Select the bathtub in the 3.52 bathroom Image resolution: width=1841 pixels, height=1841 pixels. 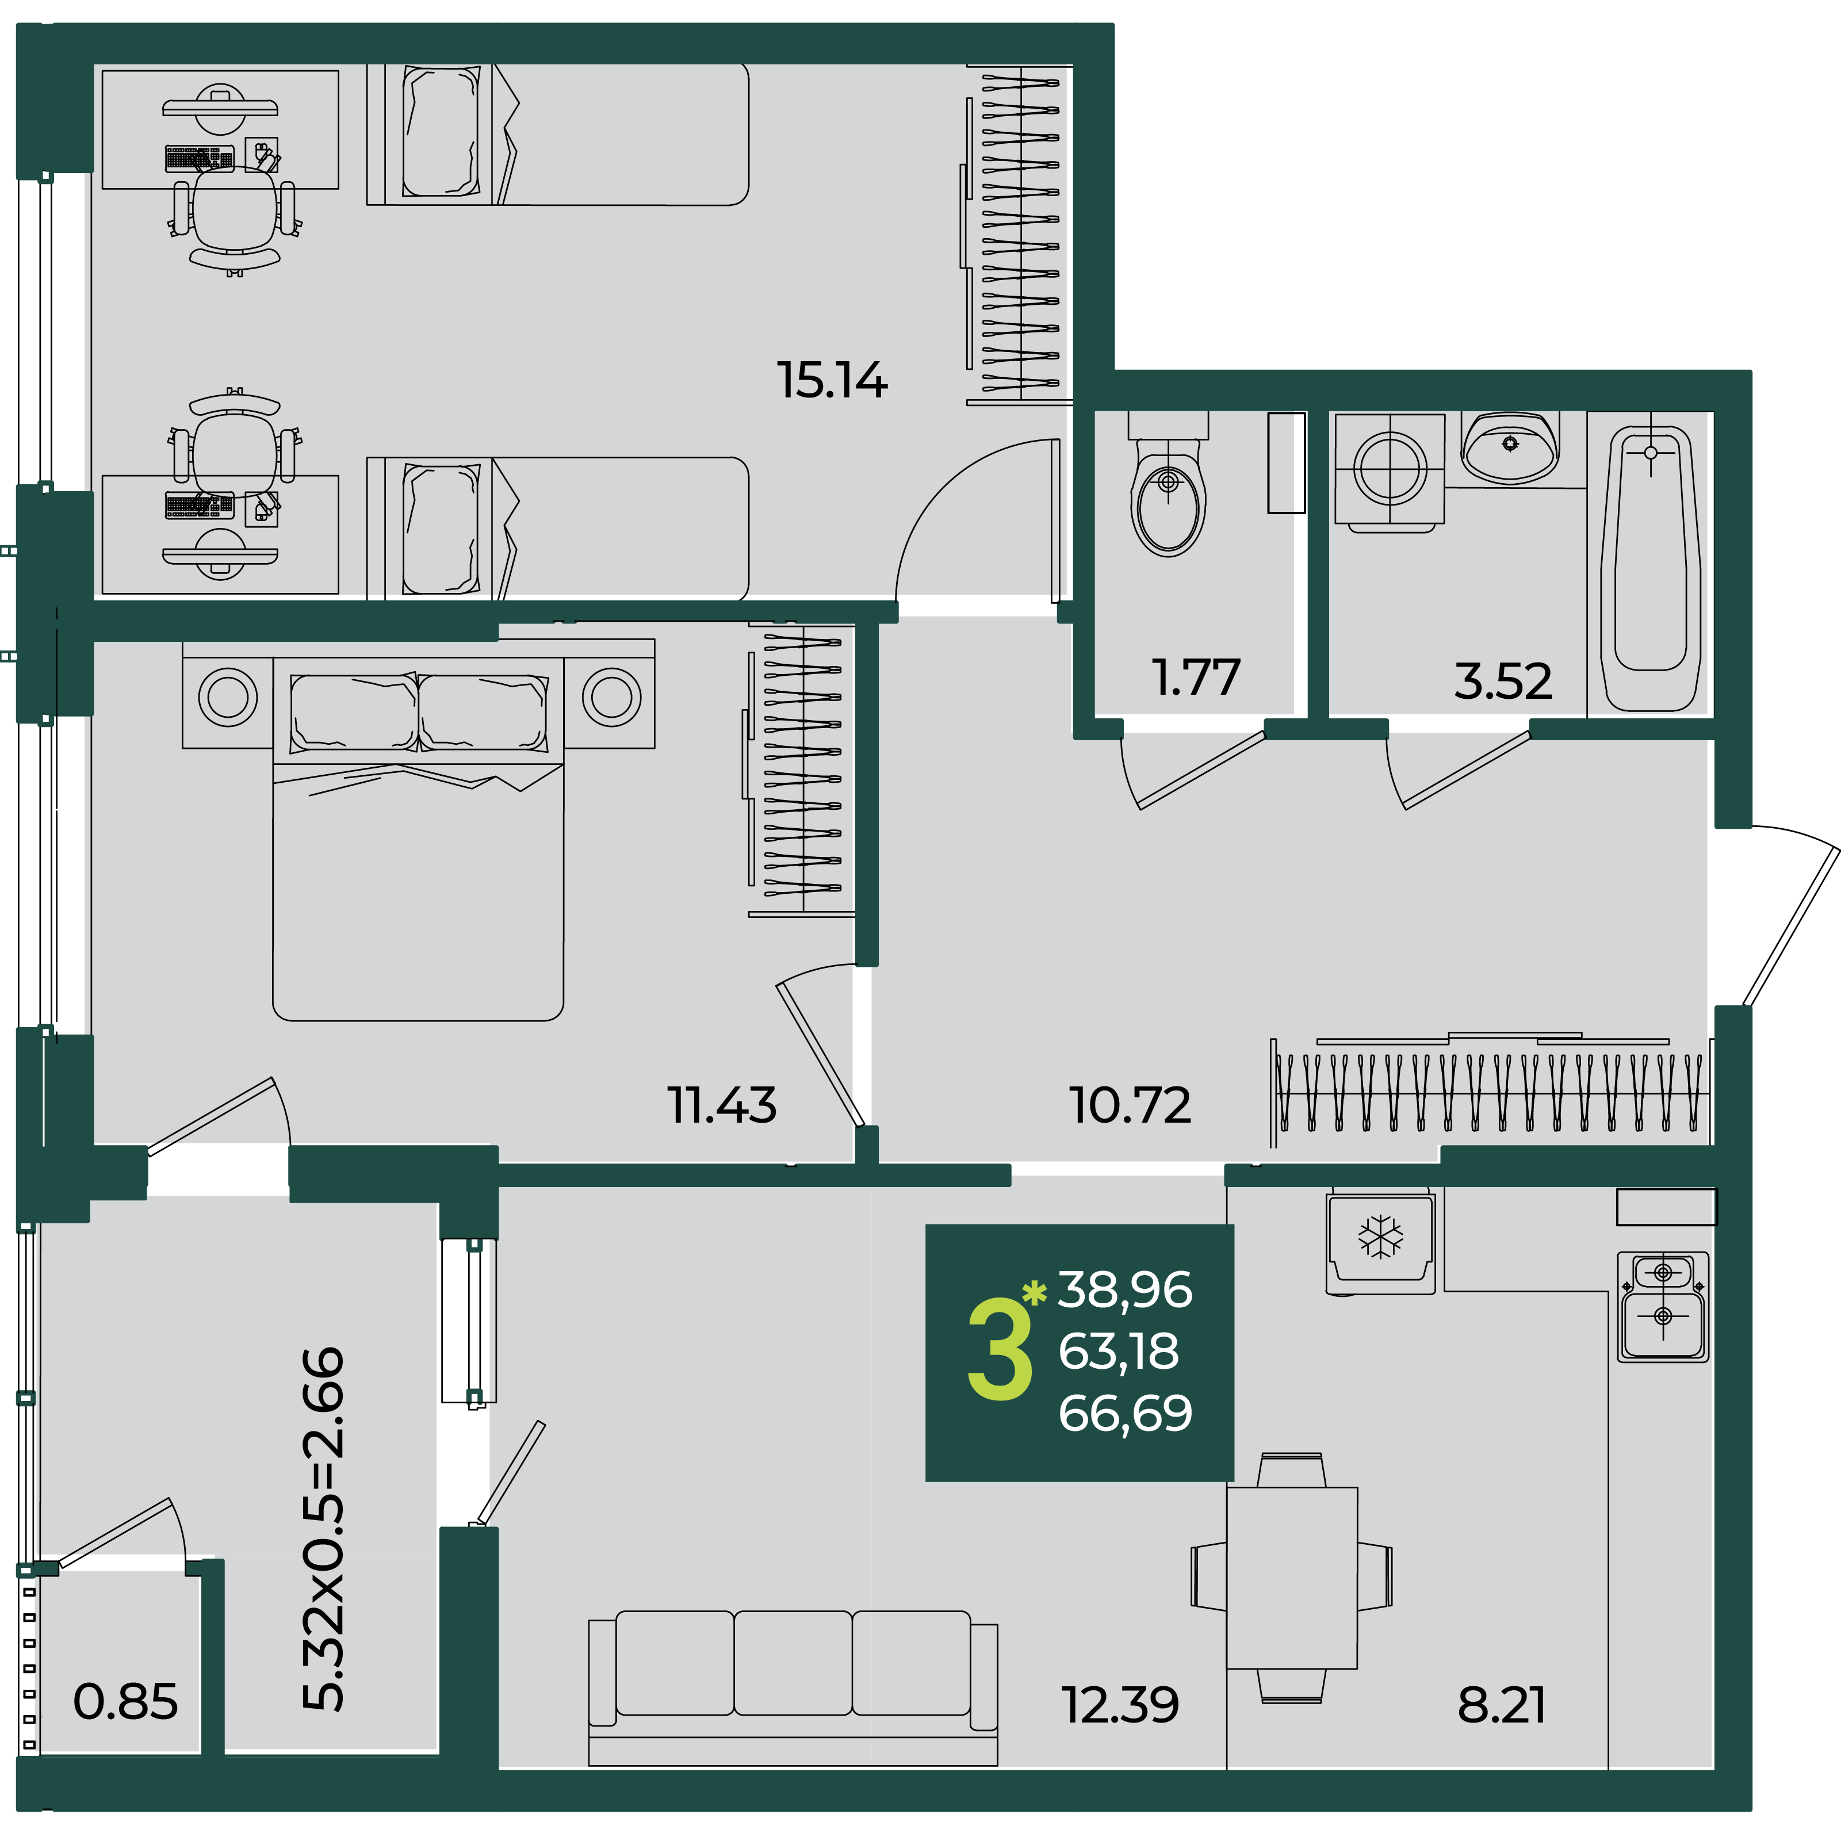coord(1651,569)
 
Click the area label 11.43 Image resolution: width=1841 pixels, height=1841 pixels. coord(721,1105)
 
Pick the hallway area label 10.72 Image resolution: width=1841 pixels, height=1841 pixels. coord(1130,1105)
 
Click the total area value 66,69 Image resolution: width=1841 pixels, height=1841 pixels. coord(1126,1413)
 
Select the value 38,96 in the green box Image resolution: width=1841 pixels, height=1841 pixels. coord(1126,1290)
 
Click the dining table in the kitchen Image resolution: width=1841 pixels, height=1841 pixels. coord(1291,1578)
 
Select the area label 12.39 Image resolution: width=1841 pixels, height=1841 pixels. coord(1120,1706)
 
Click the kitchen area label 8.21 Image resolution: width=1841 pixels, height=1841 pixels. coord(1502,1706)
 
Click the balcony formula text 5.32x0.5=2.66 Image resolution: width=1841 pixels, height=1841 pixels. coord(323,1529)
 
